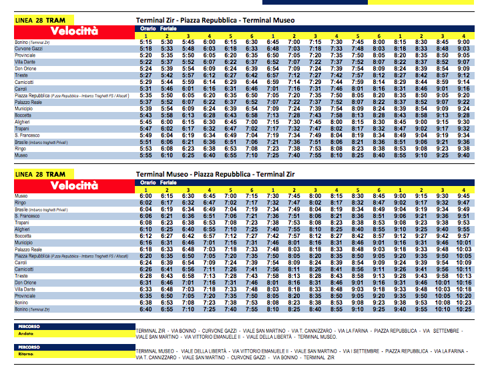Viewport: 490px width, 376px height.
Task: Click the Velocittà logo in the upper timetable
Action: (x=73, y=31)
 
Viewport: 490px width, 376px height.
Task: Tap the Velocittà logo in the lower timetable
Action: (x=73, y=185)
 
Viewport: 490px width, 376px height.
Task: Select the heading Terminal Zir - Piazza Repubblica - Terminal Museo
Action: (x=215, y=21)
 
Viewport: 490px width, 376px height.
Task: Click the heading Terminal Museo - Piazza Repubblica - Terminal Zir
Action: (x=215, y=174)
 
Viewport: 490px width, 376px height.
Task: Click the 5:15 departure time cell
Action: (x=147, y=41)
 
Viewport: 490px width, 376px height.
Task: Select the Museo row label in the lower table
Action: (x=21, y=195)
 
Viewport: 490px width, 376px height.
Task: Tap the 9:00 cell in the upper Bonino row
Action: (x=462, y=41)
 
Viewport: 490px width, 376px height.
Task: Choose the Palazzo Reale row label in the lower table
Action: (x=27, y=248)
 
